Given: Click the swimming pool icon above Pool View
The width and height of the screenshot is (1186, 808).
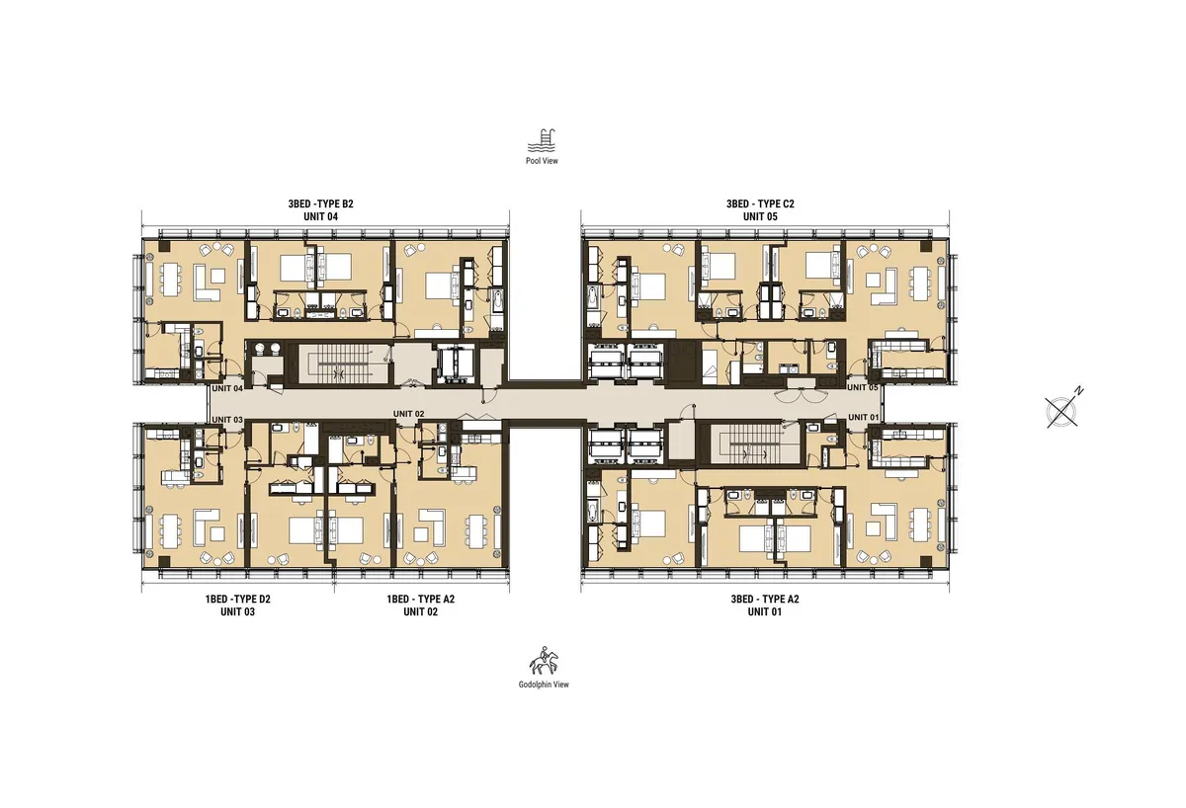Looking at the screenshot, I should [x=542, y=138].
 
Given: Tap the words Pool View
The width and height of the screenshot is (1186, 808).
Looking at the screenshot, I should [x=542, y=161].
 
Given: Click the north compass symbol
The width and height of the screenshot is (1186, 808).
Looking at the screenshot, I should [x=1062, y=409].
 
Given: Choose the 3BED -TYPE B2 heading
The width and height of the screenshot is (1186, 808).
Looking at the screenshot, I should [x=320, y=203].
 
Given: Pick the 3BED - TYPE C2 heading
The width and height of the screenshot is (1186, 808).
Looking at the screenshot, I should [x=761, y=203].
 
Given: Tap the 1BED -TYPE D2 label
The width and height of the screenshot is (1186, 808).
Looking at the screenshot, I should [x=237, y=600].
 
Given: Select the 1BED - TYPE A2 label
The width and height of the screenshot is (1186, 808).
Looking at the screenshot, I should [x=421, y=600].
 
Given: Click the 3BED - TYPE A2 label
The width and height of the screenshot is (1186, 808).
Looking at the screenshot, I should [x=759, y=600].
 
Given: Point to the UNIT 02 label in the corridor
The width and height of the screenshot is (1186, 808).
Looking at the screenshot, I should [x=408, y=413].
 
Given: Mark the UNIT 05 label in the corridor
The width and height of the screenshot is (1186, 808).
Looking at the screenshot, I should [x=863, y=388].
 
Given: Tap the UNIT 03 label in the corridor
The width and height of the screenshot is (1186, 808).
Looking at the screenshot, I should [x=227, y=420].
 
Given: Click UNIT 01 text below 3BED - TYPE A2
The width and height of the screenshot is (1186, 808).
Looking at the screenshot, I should [x=759, y=612].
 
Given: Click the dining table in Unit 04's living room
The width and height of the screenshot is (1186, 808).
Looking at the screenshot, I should [x=162, y=278].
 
